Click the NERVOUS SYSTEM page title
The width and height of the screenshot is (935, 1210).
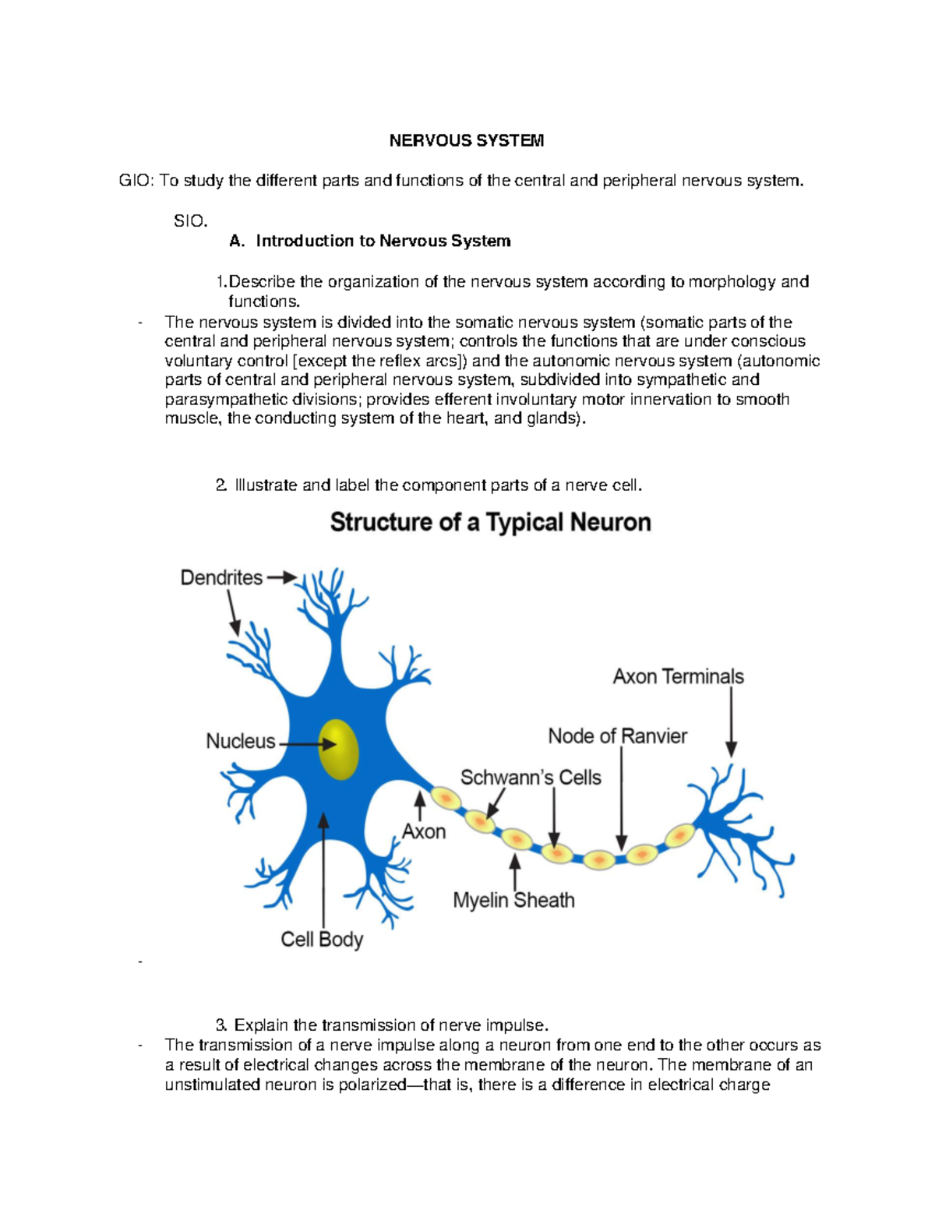coord(467,141)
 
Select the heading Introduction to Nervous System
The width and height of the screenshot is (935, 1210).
coord(383,242)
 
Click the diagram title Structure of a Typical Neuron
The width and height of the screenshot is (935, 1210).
coord(490,522)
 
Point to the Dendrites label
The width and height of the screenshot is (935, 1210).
coord(221,578)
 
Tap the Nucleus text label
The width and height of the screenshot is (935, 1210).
coord(240,741)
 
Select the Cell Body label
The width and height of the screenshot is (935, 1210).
coord(322,940)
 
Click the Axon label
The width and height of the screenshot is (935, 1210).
coord(424,832)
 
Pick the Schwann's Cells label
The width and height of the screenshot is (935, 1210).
coord(531,778)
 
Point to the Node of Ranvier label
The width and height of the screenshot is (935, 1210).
coord(617,736)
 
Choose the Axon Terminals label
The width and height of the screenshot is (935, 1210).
coord(678,676)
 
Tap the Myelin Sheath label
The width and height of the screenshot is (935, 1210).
coord(513,901)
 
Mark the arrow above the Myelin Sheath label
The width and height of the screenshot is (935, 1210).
coord(515,873)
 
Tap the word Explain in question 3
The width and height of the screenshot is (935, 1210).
coord(262,1025)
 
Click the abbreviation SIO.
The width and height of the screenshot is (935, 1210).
coord(190,221)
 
